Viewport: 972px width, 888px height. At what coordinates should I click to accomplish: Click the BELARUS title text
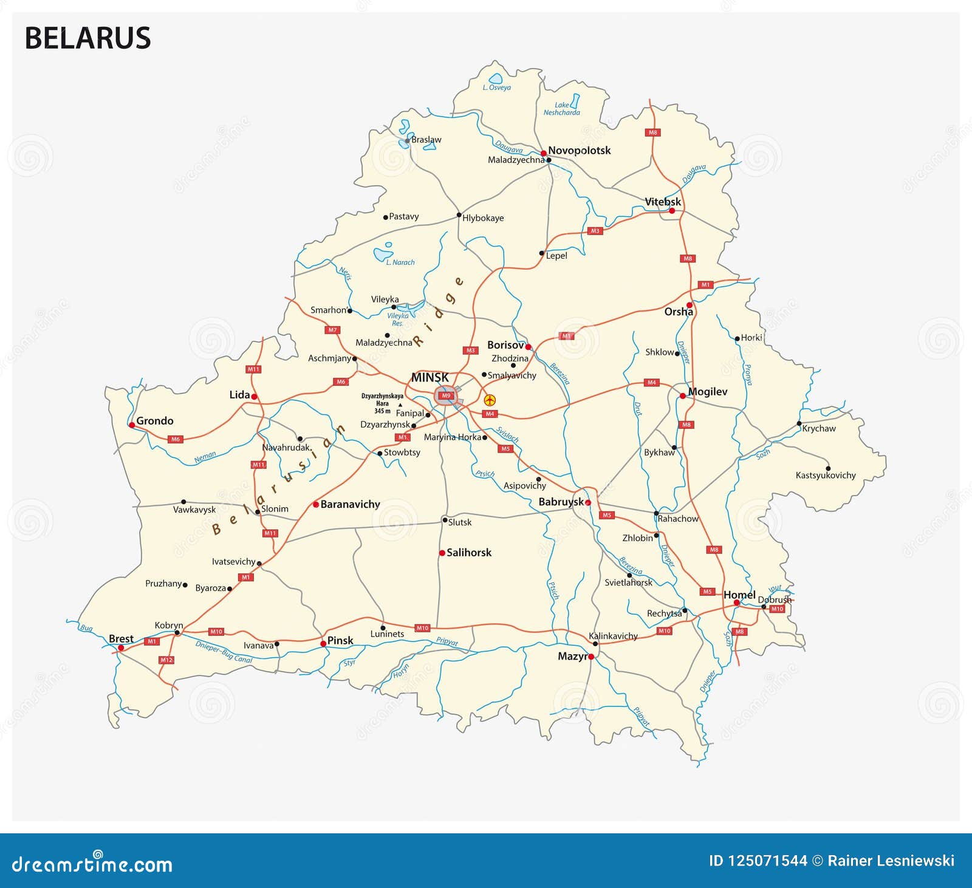tap(87, 38)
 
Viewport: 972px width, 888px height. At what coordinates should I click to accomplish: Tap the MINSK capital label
tap(430, 377)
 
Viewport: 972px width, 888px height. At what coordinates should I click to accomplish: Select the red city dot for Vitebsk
tap(672, 211)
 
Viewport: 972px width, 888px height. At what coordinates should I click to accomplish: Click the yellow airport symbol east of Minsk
tap(490, 400)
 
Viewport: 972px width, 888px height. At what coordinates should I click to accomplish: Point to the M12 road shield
tap(166, 660)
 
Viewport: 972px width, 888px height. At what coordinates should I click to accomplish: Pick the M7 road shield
tap(332, 330)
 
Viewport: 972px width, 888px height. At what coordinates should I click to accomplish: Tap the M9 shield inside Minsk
tap(447, 395)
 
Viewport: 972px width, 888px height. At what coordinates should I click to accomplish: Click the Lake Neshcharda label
tap(561, 109)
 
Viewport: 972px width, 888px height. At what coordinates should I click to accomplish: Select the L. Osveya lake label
tap(497, 87)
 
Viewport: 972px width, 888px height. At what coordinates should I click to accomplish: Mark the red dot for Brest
tap(120, 648)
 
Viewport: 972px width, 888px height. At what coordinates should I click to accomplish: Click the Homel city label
tap(739, 595)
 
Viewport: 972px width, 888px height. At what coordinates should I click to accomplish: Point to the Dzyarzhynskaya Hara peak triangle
tap(400, 405)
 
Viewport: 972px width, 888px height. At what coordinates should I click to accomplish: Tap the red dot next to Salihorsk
tap(442, 553)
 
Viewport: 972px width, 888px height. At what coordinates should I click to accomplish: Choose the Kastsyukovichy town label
tap(826, 475)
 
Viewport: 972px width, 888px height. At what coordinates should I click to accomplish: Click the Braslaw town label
tap(426, 140)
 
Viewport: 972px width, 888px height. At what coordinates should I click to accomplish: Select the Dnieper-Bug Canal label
tap(224, 652)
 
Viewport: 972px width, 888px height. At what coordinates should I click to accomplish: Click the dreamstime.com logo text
tap(92, 864)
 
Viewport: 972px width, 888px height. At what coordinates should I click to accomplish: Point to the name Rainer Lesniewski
tap(891, 861)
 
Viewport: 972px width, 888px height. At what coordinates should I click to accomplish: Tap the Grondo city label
tap(154, 420)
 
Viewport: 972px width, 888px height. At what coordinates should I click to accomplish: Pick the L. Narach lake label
tap(400, 262)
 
